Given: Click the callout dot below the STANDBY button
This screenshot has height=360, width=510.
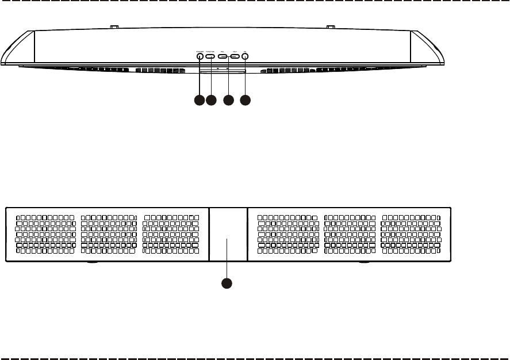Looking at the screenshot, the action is point(199,100).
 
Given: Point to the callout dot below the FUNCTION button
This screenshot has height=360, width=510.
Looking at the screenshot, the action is point(211,100).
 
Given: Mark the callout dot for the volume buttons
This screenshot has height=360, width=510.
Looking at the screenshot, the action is point(228,100).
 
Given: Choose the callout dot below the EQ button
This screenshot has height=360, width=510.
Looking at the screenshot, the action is point(246,100).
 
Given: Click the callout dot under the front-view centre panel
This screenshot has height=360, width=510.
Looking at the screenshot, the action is point(227,283).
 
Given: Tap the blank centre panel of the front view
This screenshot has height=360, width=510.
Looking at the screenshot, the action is point(227,235).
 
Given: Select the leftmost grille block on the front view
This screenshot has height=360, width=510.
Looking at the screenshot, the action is point(45,235).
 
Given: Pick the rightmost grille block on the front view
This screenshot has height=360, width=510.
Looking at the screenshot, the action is point(413,235).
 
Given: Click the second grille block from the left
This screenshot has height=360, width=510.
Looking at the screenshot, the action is point(109,235).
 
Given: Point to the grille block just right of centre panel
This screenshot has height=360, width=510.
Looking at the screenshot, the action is point(287,235).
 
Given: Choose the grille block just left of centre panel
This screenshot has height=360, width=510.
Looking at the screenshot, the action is point(171,235).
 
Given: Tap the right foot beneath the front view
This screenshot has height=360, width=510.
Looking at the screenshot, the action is point(363,263).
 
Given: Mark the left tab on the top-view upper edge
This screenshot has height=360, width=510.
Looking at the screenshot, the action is point(114,26).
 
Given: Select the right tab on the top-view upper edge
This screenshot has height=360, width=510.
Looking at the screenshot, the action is point(331,26).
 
